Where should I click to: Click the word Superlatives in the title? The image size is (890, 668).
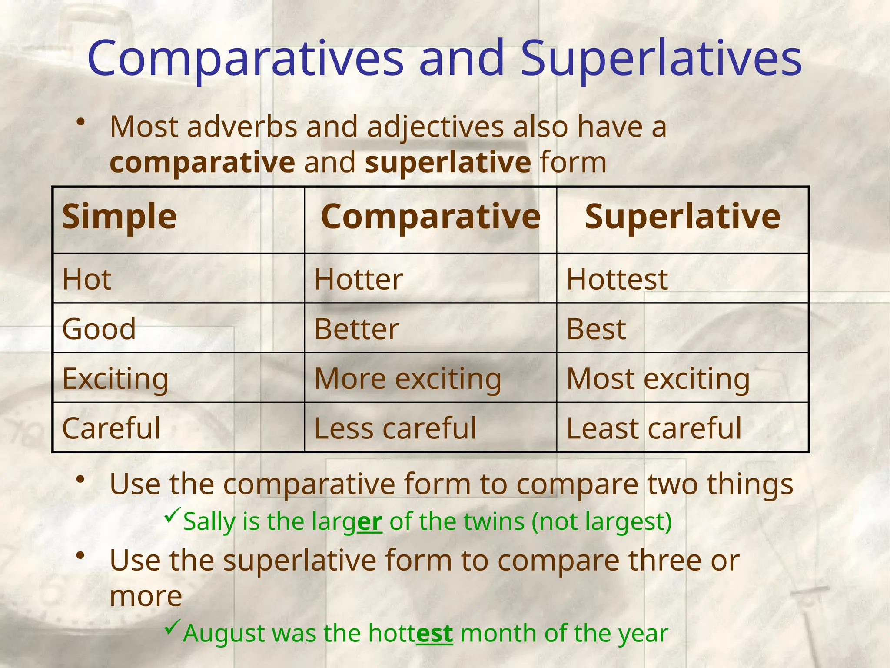tap(661, 59)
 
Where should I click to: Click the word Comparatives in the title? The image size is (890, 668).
tap(246, 59)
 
